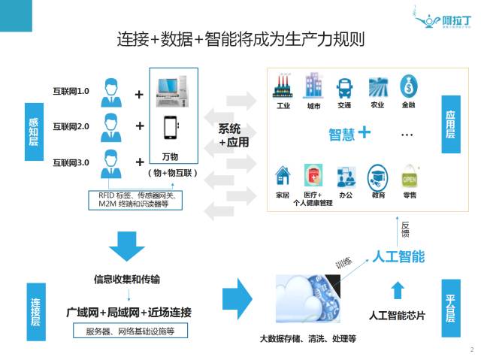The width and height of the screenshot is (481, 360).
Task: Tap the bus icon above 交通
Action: coord(345,86)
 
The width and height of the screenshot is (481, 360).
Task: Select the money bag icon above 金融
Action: coord(409,86)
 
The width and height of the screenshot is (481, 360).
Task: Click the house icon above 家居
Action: coord(283,176)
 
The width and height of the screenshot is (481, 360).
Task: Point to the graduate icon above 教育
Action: coord(377,176)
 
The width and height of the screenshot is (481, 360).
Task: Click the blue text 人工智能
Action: coord(398,257)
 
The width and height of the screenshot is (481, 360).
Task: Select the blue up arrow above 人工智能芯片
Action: coord(398,289)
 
